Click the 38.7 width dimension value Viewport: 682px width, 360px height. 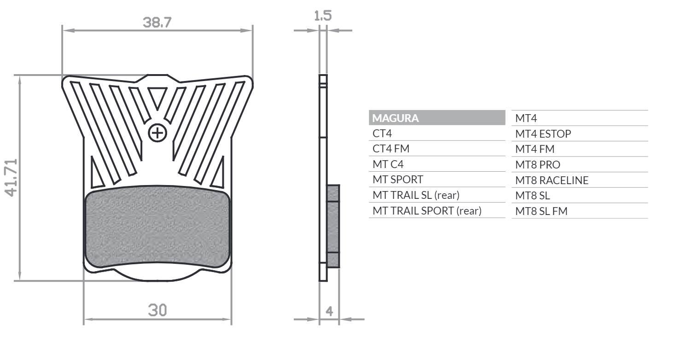pos(157,23)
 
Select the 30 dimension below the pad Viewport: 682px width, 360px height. pos(157,310)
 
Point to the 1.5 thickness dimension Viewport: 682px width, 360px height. pos(322,16)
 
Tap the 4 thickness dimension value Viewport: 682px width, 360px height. pos(329,311)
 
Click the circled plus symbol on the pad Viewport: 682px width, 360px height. pos(157,134)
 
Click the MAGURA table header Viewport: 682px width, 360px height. pos(396,118)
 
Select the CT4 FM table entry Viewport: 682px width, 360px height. pos(391,149)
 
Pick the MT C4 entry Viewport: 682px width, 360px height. pos(388,164)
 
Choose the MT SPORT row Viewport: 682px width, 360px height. pos(397,180)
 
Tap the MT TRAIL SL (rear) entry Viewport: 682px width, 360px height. pos(416,195)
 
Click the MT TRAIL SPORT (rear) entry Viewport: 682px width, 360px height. pos(426,211)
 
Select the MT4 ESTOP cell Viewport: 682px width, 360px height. pos(543,134)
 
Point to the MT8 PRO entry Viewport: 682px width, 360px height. pos(537,165)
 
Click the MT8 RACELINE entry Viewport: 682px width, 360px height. pos(552,180)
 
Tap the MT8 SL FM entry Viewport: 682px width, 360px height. pos(541,211)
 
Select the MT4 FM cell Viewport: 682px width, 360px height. pos(535,149)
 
